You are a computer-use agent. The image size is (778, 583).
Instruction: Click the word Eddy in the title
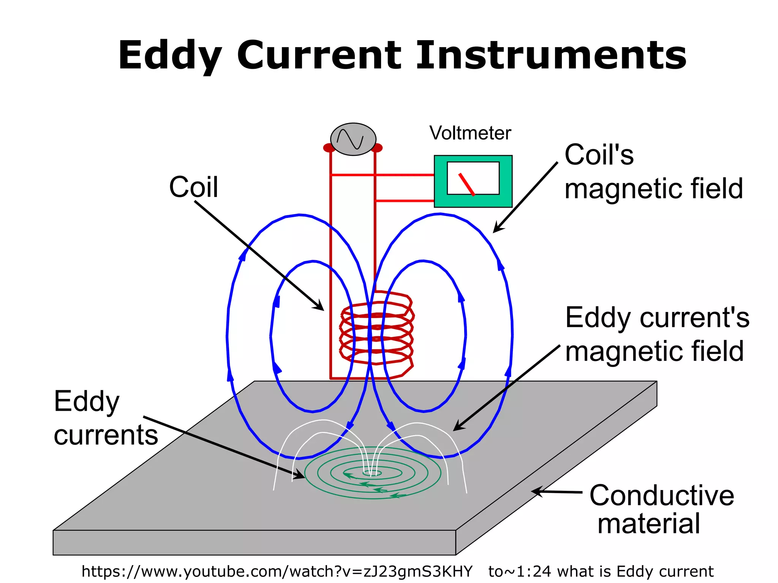click(170, 56)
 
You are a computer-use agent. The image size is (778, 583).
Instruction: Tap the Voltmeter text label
click(470, 133)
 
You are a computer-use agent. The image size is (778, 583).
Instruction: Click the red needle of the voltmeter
click(466, 184)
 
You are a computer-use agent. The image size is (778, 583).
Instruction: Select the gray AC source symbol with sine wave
click(353, 139)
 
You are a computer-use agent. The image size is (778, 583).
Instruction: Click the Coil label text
click(193, 187)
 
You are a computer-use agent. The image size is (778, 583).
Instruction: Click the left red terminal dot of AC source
click(328, 148)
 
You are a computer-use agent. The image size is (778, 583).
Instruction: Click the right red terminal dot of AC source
click(377, 148)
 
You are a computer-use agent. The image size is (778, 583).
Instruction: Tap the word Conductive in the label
click(661, 496)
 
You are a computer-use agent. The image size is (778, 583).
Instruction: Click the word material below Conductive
click(648, 524)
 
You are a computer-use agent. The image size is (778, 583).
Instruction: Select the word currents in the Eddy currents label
click(106, 435)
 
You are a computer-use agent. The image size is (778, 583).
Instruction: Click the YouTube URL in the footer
click(277, 571)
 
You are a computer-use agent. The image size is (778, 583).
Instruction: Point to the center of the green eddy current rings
click(372, 473)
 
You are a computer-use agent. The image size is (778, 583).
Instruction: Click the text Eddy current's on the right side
click(657, 318)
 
